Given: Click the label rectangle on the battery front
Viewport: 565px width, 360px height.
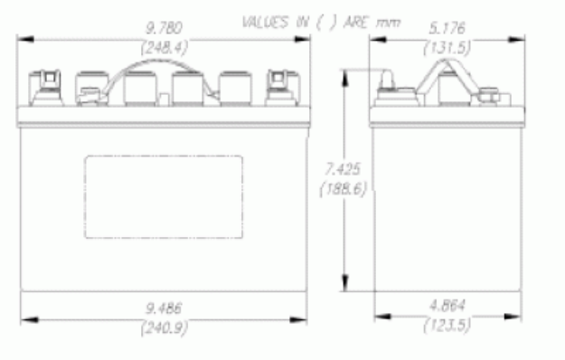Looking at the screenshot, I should (164, 196).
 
